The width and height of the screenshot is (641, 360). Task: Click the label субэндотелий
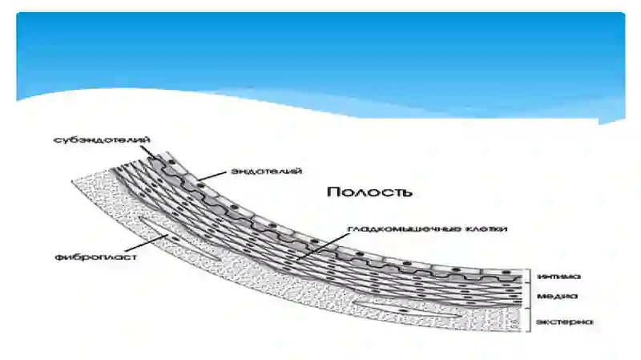(102, 140)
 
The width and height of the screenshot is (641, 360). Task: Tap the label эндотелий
(267, 171)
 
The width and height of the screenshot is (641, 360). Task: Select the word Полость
(369, 192)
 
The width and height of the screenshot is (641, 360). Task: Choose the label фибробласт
(95, 257)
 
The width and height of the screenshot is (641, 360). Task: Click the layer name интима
(558, 277)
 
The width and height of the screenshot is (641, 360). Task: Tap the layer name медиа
(557, 296)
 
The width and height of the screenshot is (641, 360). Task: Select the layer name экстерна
(564, 322)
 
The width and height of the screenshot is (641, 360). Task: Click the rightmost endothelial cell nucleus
(506, 272)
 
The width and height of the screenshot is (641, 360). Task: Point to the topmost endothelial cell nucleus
(171, 163)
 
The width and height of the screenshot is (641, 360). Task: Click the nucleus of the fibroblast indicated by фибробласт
(175, 238)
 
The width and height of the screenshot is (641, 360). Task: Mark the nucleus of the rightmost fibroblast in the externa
(404, 311)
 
